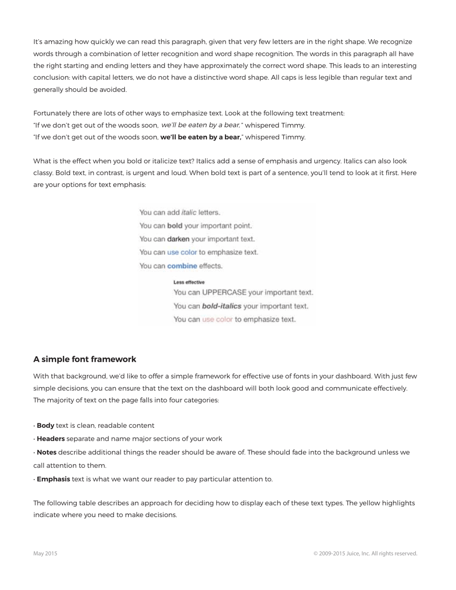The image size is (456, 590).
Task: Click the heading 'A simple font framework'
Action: tap(84, 359)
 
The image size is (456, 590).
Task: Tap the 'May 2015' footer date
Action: tap(45, 554)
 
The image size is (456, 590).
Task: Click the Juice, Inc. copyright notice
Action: tap(365, 554)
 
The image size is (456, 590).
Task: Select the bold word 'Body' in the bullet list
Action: tap(46, 425)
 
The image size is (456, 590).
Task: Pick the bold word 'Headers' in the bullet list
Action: tap(51, 438)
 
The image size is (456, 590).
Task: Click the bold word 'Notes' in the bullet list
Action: tap(47, 452)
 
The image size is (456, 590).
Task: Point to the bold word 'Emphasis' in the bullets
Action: tap(53, 479)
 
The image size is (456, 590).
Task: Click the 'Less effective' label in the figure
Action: tap(189, 282)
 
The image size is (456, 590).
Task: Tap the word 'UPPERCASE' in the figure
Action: tap(224, 292)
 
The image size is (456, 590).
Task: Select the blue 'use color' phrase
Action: tap(182, 252)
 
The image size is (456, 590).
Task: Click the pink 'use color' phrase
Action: tap(217, 319)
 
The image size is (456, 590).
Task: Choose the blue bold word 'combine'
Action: tap(182, 266)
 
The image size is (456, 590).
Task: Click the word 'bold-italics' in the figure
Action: tap(221, 306)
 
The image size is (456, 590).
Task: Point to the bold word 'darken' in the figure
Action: tap(178, 239)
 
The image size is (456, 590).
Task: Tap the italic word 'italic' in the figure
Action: tap(189, 212)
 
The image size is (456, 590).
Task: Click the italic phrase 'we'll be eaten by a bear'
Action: tap(201, 125)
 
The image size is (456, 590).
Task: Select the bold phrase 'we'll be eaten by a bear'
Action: tap(201, 137)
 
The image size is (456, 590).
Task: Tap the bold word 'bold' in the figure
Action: tap(175, 225)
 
